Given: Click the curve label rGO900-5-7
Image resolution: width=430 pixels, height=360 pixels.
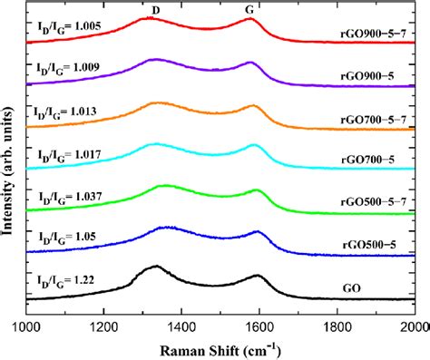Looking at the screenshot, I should click(x=376, y=40).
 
